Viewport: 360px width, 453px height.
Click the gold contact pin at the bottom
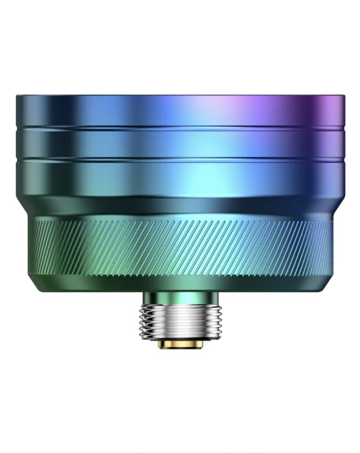[182, 344]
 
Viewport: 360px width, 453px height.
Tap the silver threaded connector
[182, 321]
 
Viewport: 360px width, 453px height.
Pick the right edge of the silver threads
[222, 321]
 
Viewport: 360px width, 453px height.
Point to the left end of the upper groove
[17, 128]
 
